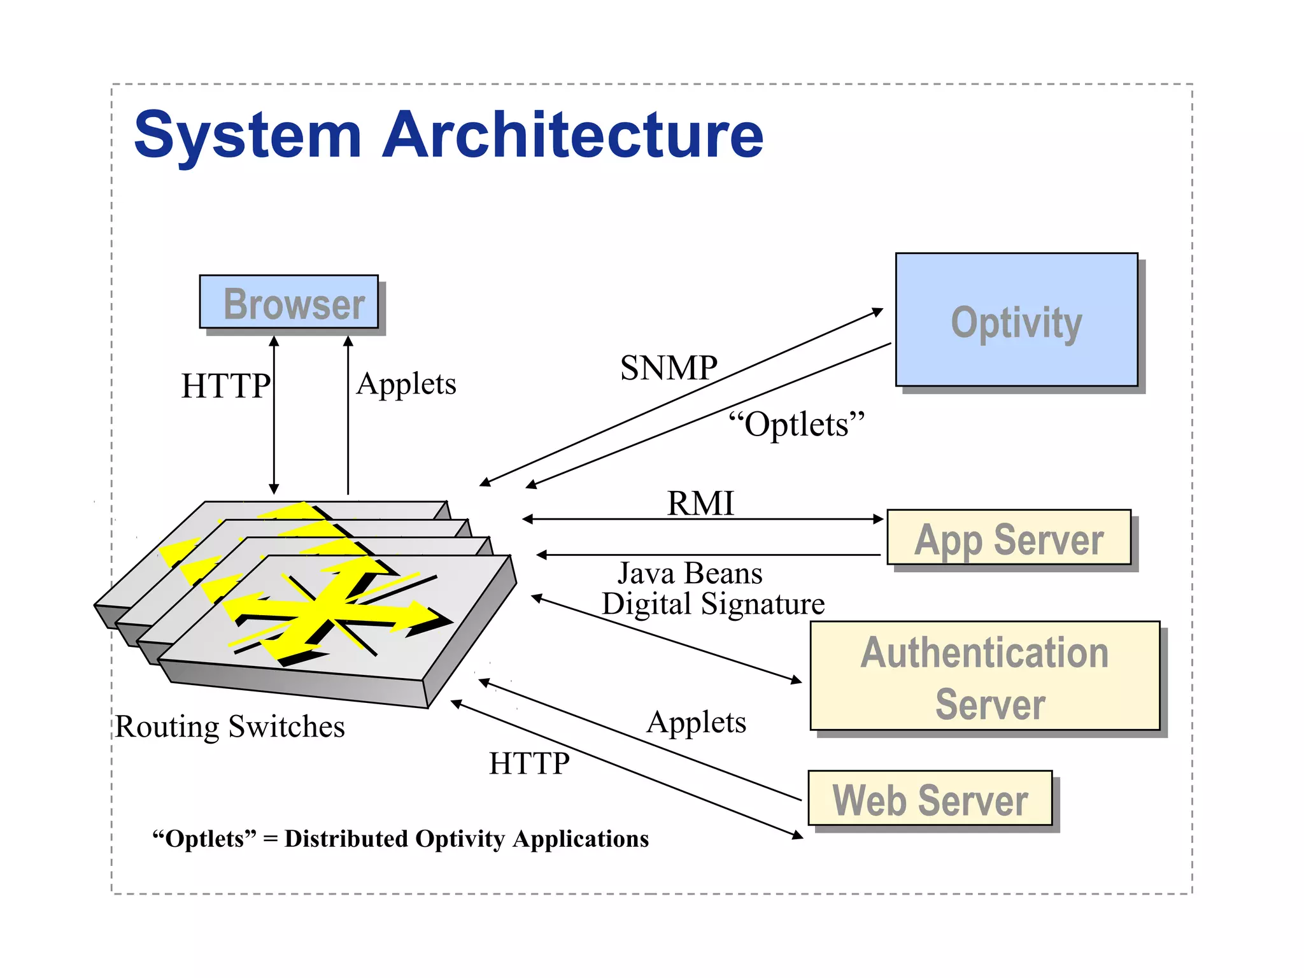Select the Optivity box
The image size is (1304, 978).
click(x=1016, y=320)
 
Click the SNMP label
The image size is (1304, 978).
click(x=669, y=368)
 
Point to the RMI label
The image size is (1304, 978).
click(x=700, y=503)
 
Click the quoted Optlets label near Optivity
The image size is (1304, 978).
click(x=797, y=424)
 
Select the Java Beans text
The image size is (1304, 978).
click(x=690, y=573)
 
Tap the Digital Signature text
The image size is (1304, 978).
click(x=713, y=604)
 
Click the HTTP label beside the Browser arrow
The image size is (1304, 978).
click(x=225, y=386)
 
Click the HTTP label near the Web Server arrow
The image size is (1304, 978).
click(x=529, y=763)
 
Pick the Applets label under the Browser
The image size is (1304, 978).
click(x=406, y=384)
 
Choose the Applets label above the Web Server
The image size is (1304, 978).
click(x=696, y=723)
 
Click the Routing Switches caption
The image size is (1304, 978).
click(x=230, y=726)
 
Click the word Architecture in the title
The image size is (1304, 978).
click(x=572, y=135)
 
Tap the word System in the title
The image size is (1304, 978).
click(x=248, y=135)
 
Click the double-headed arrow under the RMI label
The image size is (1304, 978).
click(x=700, y=519)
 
